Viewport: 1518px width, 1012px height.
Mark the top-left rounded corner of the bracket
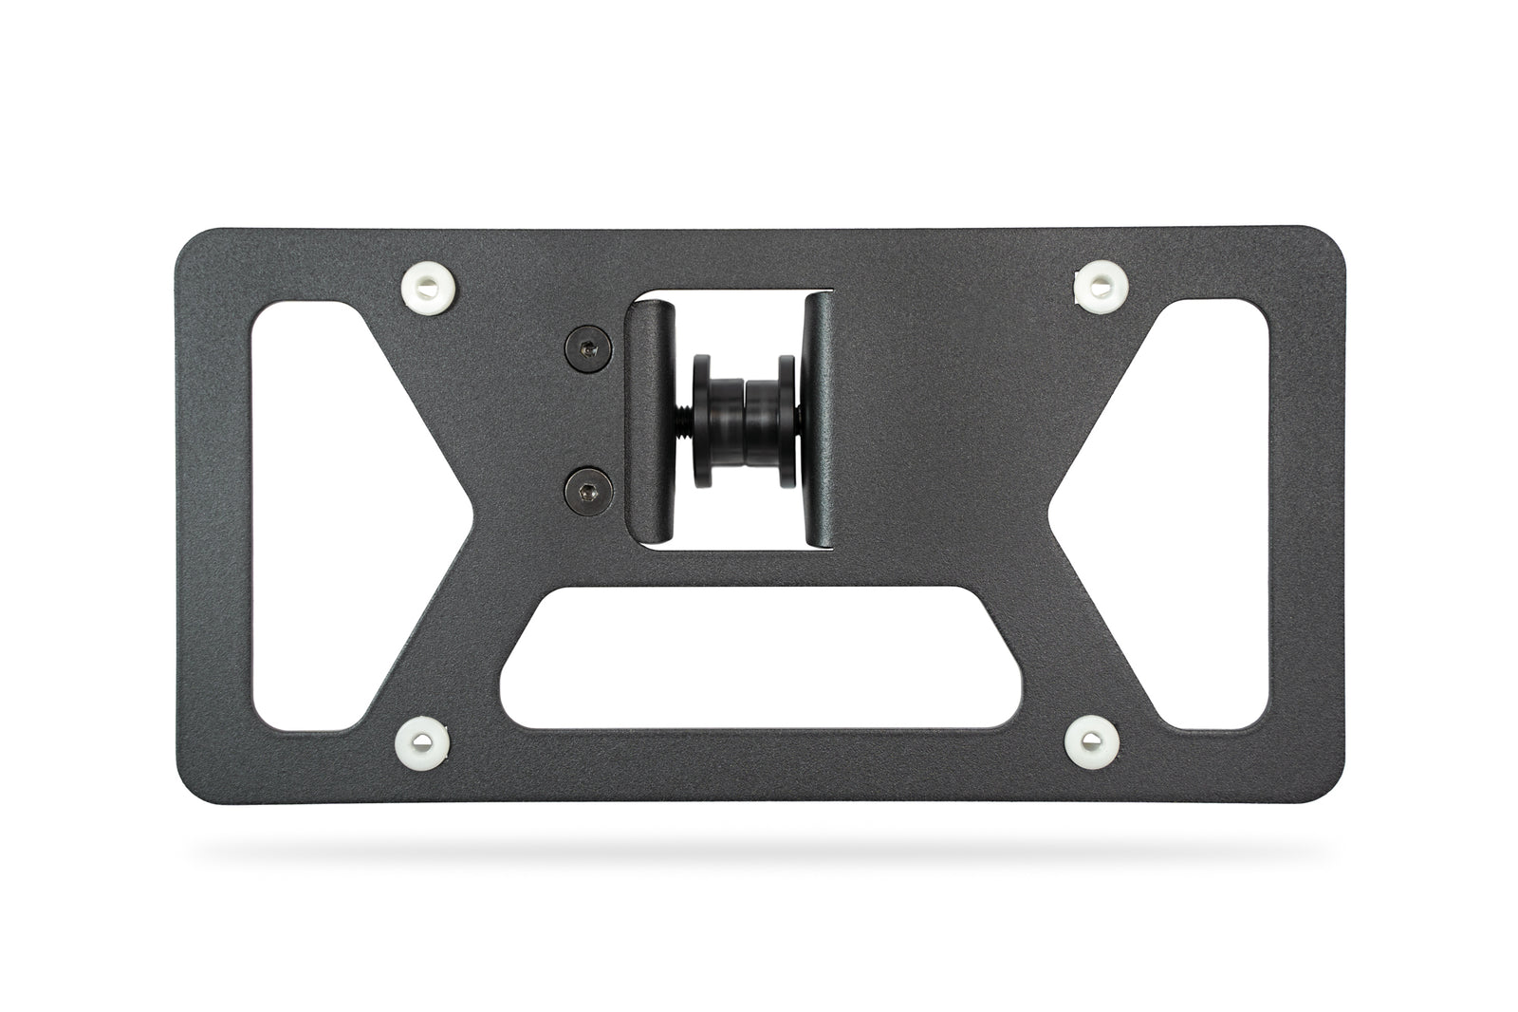[x=195, y=245]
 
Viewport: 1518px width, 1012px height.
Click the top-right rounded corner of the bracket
[x=1328, y=245]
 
